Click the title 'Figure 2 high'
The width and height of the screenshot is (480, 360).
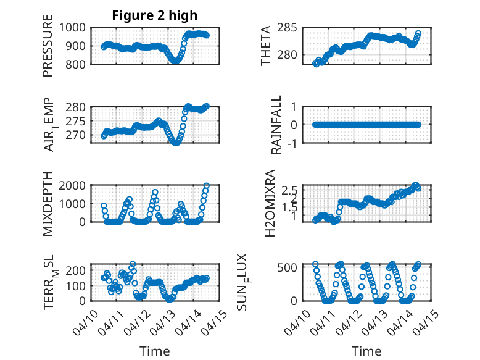click(154, 15)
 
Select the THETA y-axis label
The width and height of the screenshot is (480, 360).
click(266, 45)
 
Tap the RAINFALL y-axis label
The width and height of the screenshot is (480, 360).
click(277, 125)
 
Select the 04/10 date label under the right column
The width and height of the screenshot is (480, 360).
click(297, 321)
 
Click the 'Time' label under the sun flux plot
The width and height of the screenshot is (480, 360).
click(366, 351)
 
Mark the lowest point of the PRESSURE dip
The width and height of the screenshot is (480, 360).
click(175, 61)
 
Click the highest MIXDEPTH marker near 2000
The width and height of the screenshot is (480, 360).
click(207, 186)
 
